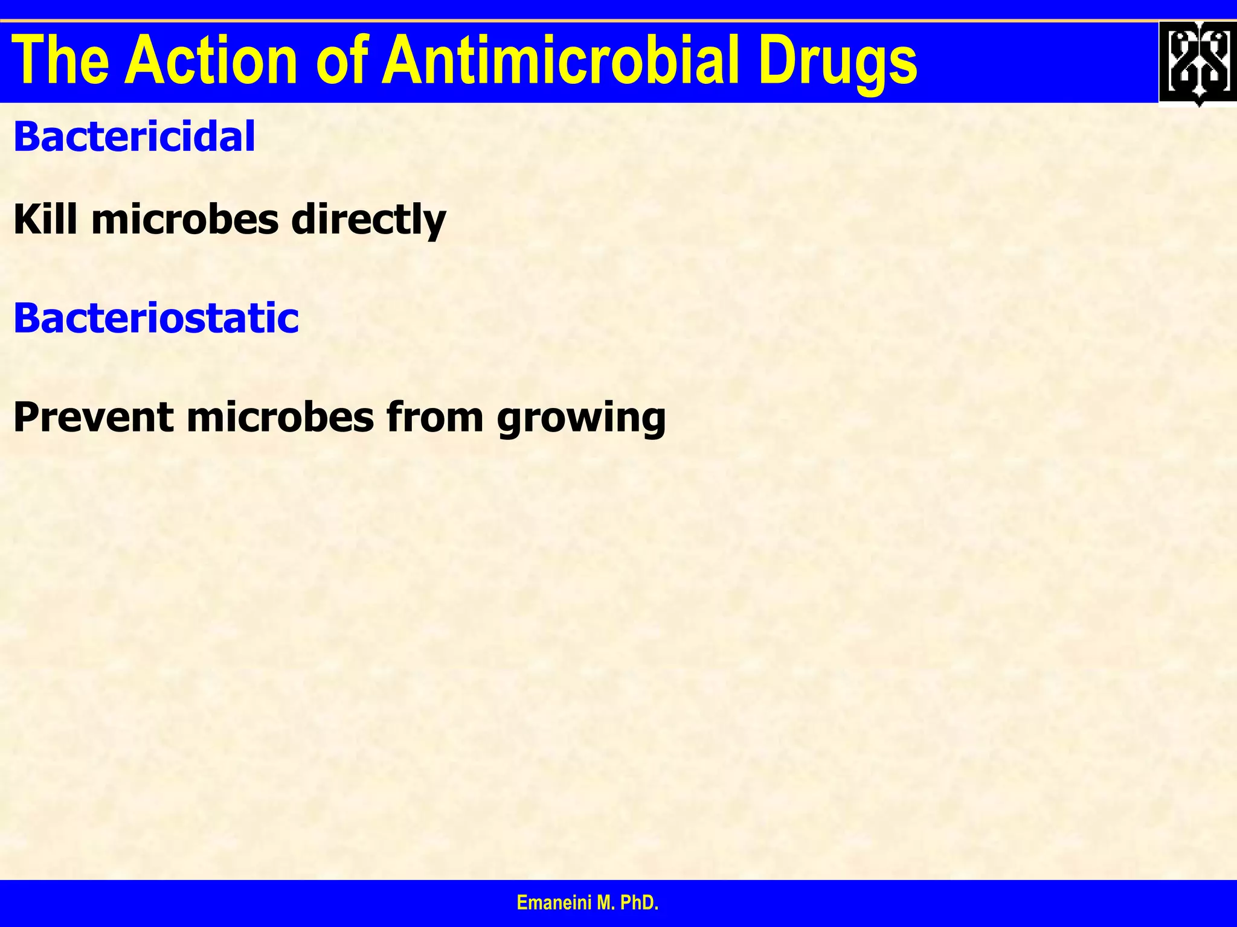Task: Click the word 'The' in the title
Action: click(x=60, y=61)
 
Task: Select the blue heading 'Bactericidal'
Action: click(x=134, y=136)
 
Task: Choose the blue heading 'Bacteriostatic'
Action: click(x=156, y=318)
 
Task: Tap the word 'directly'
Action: click(x=368, y=220)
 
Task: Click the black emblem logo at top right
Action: click(x=1198, y=63)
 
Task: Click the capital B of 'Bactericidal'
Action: click(x=27, y=136)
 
